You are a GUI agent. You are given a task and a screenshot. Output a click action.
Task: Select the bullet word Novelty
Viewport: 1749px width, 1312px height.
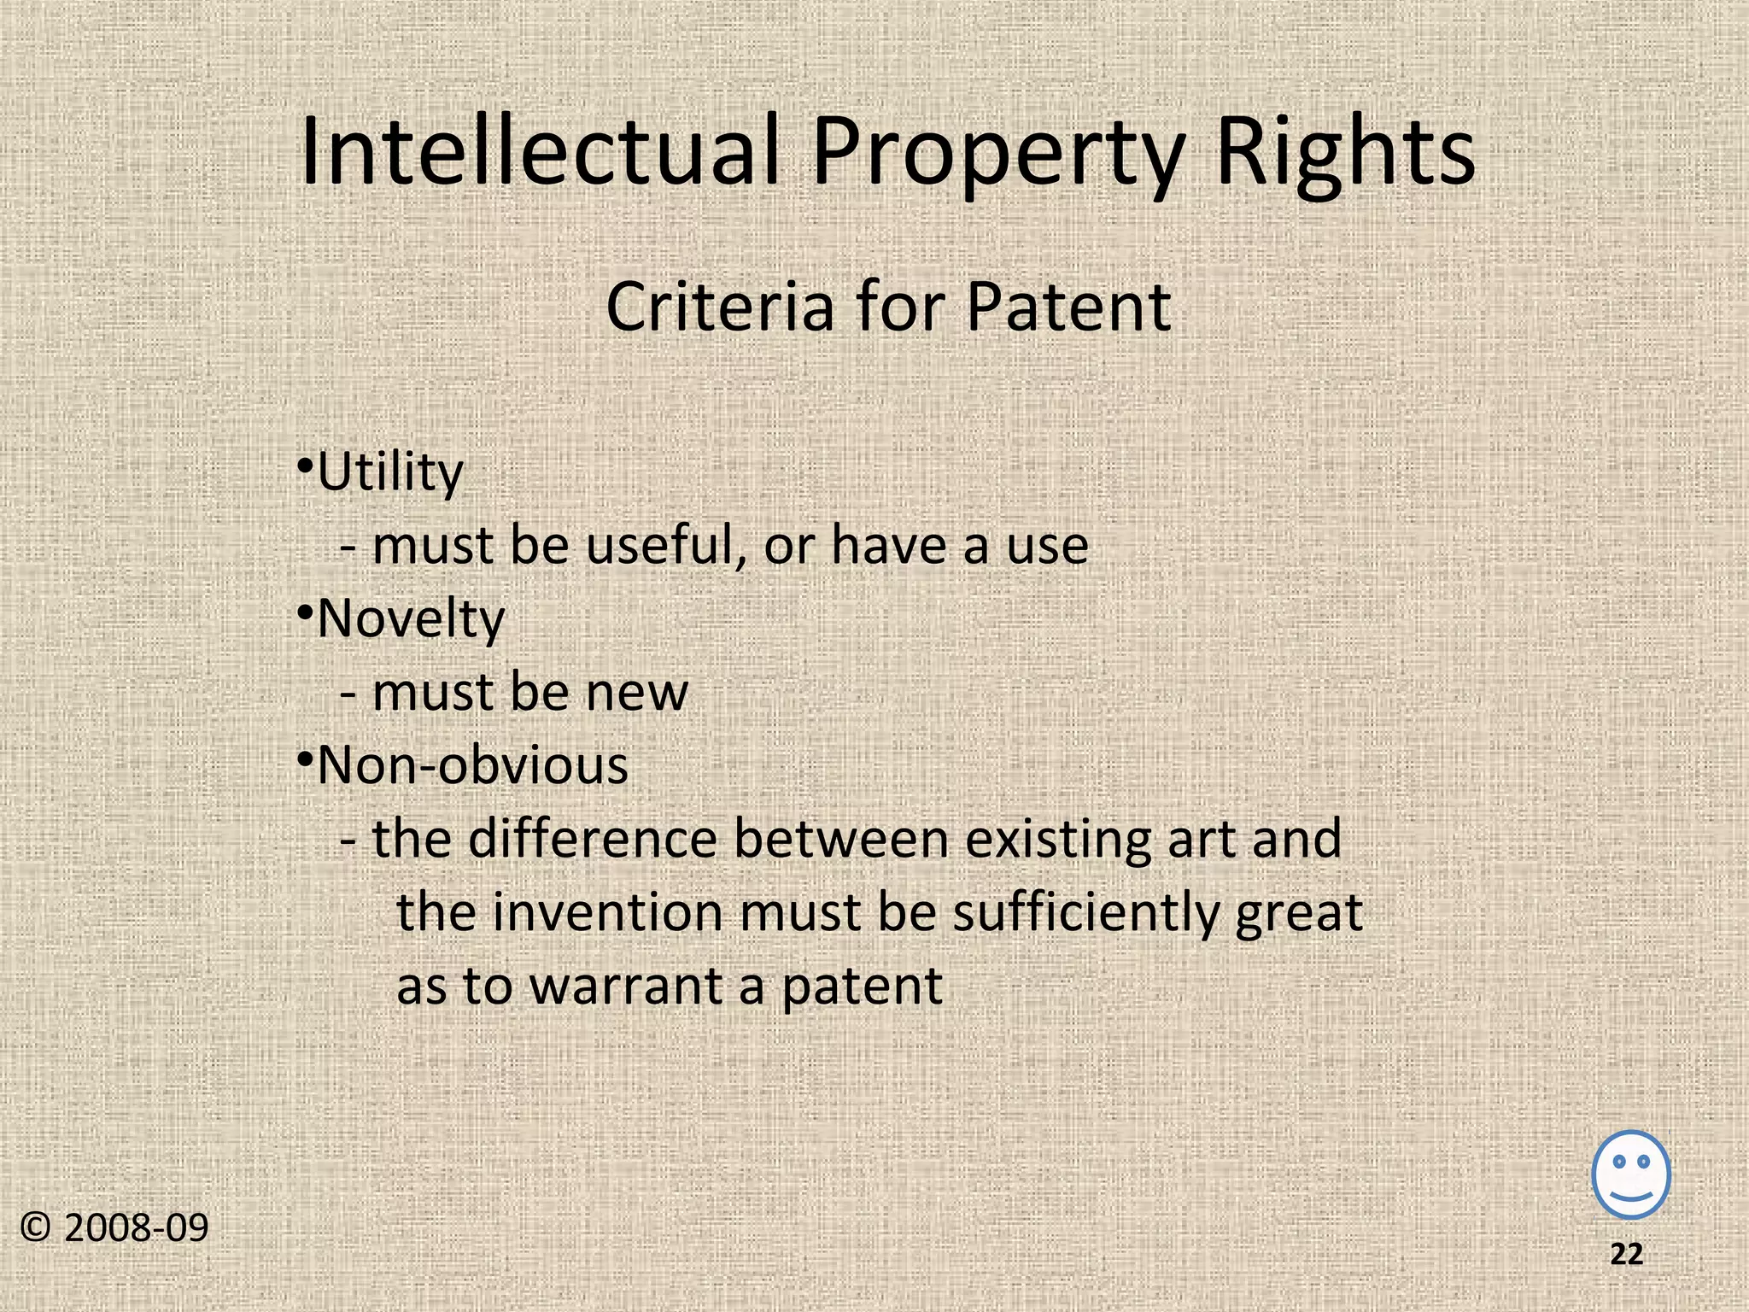pyautogui.click(x=411, y=619)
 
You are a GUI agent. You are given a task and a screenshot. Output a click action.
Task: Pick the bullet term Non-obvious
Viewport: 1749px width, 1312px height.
pyautogui.click(x=472, y=765)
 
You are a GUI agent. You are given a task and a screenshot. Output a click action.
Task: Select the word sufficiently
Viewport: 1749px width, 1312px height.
pyautogui.click(x=1085, y=914)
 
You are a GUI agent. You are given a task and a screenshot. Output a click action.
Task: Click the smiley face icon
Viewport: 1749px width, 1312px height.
pyautogui.click(x=1631, y=1174)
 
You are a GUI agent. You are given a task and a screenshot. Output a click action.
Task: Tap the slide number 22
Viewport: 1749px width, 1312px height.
pyautogui.click(x=1626, y=1254)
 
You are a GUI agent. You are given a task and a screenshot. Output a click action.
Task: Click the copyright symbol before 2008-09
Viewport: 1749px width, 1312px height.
pyautogui.click(x=36, y=1228)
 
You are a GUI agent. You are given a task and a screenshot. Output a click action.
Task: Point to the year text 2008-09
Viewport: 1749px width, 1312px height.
pyautogui.click(x=136, y=1228)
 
